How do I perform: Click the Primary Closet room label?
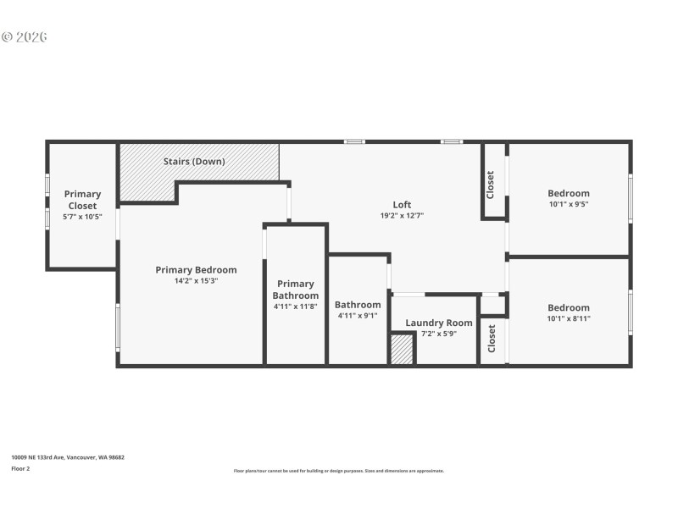click(83, 200)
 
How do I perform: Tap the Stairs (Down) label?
click(194, 161)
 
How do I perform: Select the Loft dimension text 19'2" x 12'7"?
click(402, 216)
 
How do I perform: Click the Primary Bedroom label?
click(196, 270)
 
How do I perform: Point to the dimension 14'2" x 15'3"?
click(196, 281)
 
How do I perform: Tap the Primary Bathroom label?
click(295, 290)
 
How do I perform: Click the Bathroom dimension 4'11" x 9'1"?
click(358, 316)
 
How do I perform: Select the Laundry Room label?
click(438, 323)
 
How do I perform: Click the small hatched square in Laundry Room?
click(402, 350)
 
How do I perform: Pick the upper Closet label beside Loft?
click(490, 185)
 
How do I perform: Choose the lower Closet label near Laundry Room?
click(492, 339)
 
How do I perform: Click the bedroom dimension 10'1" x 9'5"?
click(568, 204)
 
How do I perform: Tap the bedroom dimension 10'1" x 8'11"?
click(568, 318)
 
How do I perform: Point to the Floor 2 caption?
click(20, 467)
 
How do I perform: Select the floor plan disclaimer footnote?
click(338, 471)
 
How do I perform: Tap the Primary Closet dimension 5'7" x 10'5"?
click(83, 217)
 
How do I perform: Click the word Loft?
click(402, 205)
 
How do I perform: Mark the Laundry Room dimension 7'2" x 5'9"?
click(438, 334)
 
